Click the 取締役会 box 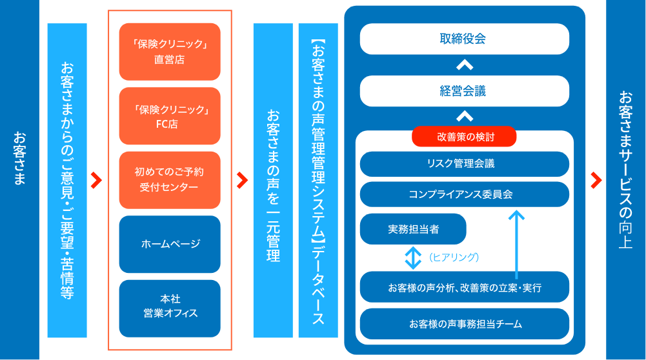[464, 39]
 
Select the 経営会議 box [464, 91]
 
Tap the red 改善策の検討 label [464, 136]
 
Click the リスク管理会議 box [464, 164]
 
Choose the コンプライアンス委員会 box [464, 194]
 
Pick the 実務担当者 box [413, 229]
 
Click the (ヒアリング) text [454, 257]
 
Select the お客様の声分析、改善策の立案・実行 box [464, 287]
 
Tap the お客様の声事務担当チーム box [464, 323]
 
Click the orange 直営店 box [170, 52]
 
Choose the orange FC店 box [170, 116]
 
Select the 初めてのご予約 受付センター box [170, 179]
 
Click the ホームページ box [170, 244]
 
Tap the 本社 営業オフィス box [170, 306]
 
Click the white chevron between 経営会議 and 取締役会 [464, 65]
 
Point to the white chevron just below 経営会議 [464, 117]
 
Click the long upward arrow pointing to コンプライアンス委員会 [516, 242]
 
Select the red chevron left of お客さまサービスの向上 [596, 180]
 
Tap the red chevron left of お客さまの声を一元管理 [243, 180]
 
